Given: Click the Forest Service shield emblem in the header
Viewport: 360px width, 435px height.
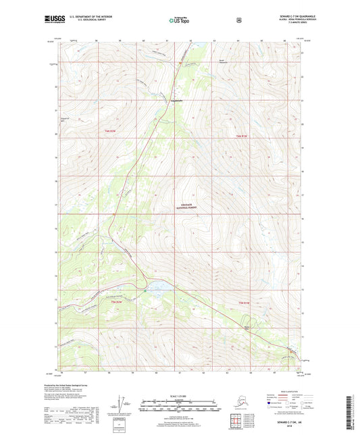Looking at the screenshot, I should tap(238, 21).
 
